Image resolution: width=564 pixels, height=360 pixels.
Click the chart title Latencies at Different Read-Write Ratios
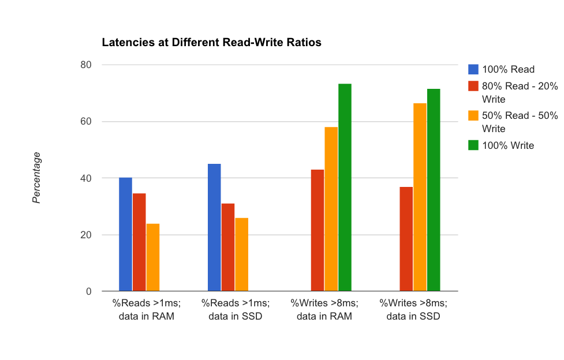211,43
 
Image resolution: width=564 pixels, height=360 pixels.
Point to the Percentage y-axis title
37,178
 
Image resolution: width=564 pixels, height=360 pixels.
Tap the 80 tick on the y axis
85,65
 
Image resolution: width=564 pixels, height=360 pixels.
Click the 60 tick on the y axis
85,122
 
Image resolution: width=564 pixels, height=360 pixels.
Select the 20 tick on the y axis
85,235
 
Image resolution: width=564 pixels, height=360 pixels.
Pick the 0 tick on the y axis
88,291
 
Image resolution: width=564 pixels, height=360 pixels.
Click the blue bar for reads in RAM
125,234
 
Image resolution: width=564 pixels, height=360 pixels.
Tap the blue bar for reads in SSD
214,227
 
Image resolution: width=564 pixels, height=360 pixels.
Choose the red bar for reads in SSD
228,247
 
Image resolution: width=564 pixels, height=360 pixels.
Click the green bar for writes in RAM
345,187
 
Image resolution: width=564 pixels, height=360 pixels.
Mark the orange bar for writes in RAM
331,209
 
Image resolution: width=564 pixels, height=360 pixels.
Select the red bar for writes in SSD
406,239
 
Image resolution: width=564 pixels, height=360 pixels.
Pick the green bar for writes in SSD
434,190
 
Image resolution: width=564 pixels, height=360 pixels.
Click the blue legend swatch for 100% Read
473,70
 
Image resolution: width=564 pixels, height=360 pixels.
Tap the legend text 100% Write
509,145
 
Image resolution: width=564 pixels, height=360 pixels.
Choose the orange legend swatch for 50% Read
473,116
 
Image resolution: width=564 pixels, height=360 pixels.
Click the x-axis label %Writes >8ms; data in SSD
413,309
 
